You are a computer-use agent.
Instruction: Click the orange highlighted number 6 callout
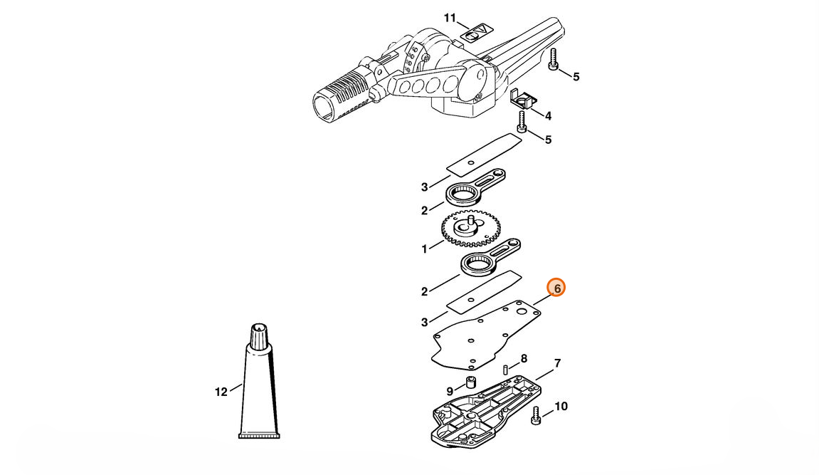click(x=556, y=288)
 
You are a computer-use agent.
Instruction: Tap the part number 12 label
click(x=221, y=392)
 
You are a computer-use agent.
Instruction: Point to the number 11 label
click(x=450, y=19)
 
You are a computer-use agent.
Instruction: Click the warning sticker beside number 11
click(x=476, y=33)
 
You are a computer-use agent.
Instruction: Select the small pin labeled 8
click(x=506, y=370)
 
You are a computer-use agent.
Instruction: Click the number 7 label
click(x=557, y=363)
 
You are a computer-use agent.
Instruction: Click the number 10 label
click(x=561, y=406)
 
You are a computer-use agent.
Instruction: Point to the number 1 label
click(x=425, y=249)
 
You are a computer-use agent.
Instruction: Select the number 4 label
click(x=548, y=116)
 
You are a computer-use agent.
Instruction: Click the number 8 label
click(x=524, y=359)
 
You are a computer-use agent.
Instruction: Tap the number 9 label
click(x=450, y=392)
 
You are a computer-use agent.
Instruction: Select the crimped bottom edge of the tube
click(x=259, y=435)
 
